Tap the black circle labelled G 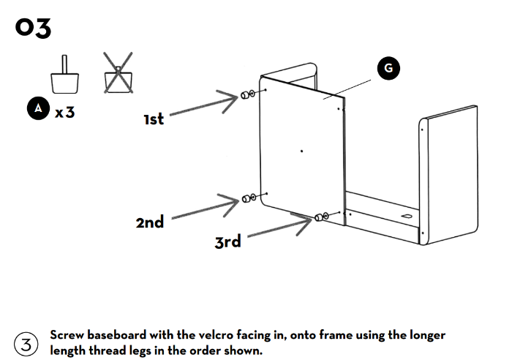click(388, 68)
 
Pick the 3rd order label click(227, 241)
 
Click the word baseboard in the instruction click(121, 335)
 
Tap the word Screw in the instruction click(69, 335)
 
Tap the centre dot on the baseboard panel click(302, 151)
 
